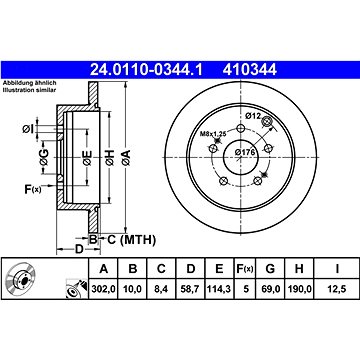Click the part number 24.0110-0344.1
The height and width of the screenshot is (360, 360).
point(146,70)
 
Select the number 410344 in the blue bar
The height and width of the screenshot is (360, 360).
point(250,70)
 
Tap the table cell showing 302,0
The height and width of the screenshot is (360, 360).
point(104,289)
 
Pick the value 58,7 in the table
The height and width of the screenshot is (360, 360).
point(190,289)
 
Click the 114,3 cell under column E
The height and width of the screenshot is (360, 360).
point(219,289)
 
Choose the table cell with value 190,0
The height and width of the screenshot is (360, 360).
point(299,289)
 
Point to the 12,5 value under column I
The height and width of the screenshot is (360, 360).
point(337,289)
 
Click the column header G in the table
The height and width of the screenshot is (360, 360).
point(270,268)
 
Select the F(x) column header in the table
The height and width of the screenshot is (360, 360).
point(245,268)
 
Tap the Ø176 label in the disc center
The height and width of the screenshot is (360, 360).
point(245,152)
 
